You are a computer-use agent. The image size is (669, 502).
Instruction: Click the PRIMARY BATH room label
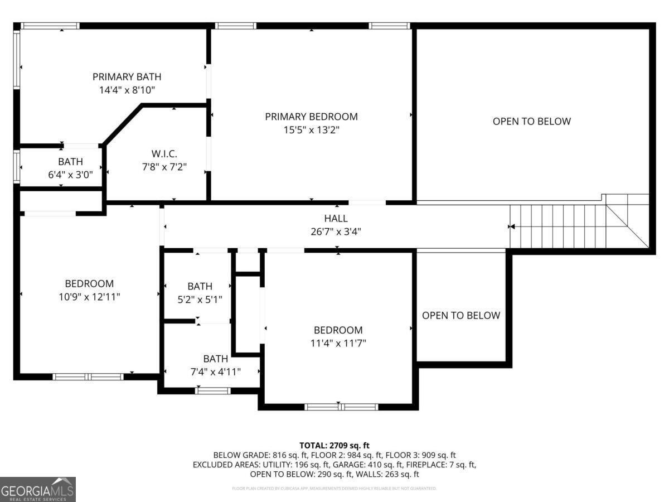(127, 77)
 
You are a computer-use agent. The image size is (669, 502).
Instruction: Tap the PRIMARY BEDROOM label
(311, 117)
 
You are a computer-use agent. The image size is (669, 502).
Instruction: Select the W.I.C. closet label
(164, 153)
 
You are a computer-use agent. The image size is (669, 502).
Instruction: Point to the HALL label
(336, 218)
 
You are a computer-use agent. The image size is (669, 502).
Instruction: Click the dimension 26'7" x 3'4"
(336, 231)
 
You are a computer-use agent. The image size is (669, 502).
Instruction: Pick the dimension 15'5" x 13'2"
(311, 130)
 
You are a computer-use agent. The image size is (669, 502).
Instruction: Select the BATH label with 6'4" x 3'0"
(70, 161)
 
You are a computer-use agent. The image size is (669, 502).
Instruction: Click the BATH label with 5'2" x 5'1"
(200, 286)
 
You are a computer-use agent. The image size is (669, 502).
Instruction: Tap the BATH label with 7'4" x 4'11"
(215, 359)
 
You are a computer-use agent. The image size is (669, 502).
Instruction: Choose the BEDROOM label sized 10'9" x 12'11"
(89, 284)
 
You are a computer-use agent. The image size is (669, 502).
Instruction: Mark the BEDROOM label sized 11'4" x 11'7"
(338, 330)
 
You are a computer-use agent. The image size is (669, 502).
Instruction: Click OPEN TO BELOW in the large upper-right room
(531, 121)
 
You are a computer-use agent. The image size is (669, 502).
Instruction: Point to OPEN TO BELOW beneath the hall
(460, 315)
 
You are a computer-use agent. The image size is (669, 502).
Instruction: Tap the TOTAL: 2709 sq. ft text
(334, 445)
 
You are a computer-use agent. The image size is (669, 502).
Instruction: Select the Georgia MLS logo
(38, 489)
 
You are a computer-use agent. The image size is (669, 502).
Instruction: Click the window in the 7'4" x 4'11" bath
(212, 390)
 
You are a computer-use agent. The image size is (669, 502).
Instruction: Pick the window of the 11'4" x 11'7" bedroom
(341, 407)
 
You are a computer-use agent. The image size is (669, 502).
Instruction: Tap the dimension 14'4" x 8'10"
(127, 90)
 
